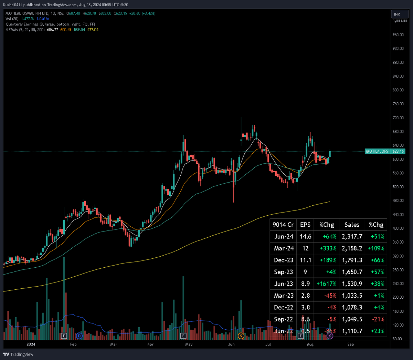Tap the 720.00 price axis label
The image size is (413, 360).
[398, 118]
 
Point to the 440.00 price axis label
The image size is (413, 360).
[398, 215]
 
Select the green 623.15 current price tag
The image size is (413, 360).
[398, 151]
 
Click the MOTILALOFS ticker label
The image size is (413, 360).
[377, 151]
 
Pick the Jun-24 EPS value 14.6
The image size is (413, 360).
[305, 237]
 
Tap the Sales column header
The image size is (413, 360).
[352, 225]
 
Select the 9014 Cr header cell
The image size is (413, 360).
[283, 225]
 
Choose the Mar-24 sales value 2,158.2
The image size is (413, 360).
[352, 248]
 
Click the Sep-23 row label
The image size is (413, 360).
[283, 272]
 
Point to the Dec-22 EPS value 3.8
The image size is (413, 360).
[305, 307]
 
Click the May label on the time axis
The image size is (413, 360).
[189, 344]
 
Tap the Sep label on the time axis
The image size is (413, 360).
[350, 344]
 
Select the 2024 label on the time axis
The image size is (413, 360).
[31, 344]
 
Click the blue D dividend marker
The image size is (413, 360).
[80, 336]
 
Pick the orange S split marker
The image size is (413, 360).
[241, 336]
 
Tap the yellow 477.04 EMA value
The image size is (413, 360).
[93, 30]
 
